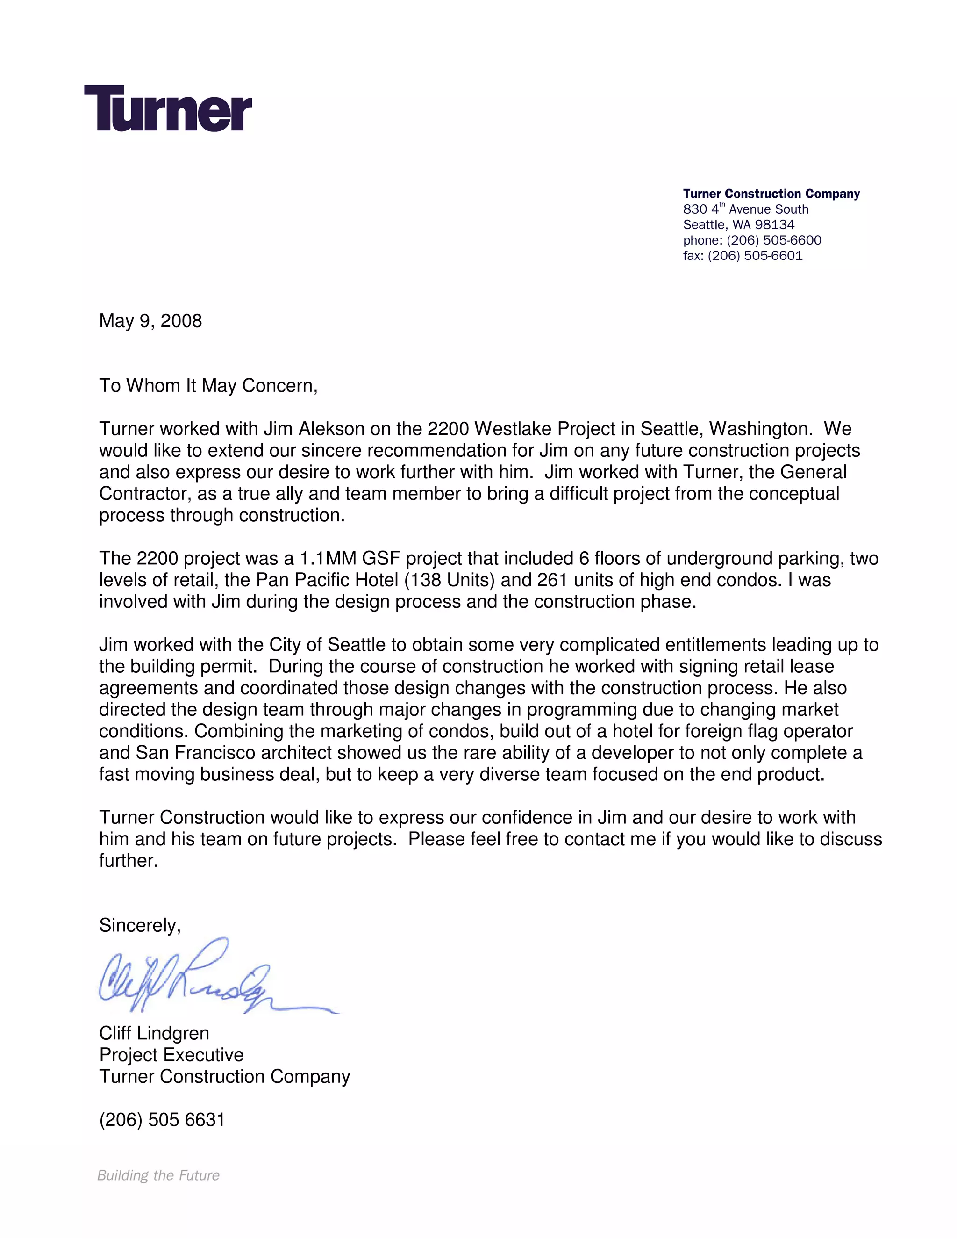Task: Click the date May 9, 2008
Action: pos(150,321)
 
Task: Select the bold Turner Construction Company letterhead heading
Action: pos(771,194)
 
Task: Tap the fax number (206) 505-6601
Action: pos(755,256)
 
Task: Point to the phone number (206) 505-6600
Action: pos(774,240)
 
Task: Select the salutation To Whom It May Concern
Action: pos(208,386)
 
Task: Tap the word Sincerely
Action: pos(139,926)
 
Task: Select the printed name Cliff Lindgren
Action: pos(154,1034)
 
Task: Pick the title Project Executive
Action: pos(171,1055)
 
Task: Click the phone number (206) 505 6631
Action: pos(162,1120)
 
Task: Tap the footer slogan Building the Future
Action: pos(158,1175)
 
